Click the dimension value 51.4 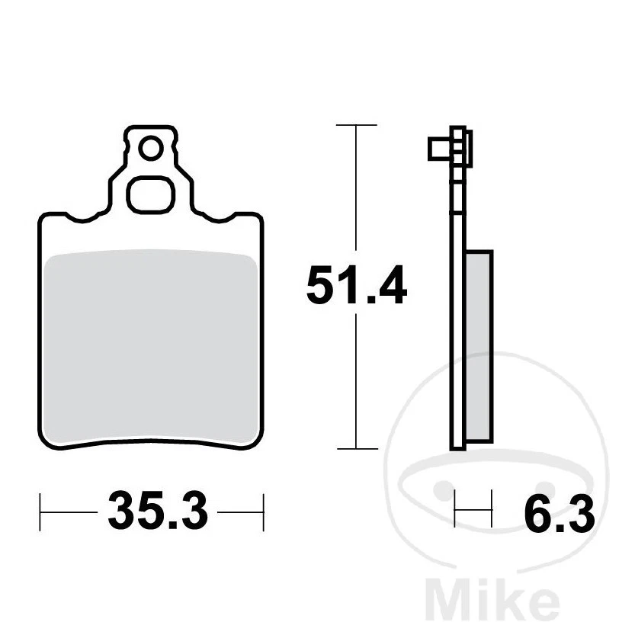[x=356, y=287]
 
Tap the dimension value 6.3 [x=559, y=518]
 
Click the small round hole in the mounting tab [x=150, y=148]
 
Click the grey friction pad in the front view [x=150, y=347]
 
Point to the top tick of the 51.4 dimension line [x=357, y=124]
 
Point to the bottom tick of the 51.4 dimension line [x=357, y=448]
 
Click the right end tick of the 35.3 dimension [x=262, y=511]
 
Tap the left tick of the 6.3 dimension [x=455, y=510]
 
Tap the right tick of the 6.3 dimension [x=492, y=510]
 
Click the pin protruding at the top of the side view [x=438, y=147]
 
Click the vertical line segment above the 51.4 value [x=357, y=191]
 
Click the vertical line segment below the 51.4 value [x=357, y=381]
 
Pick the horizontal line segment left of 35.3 [x=70, y=511]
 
